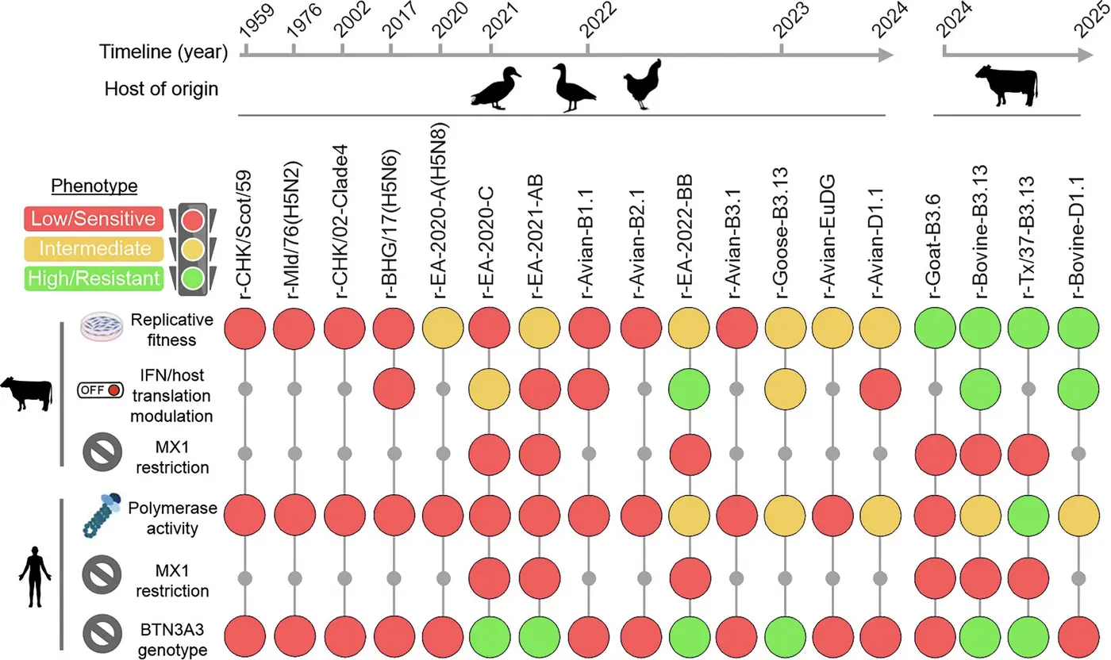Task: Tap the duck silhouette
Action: [x=496, y=88]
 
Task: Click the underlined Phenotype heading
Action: [x=94, y=186]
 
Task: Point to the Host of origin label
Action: [x=161, y=88]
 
